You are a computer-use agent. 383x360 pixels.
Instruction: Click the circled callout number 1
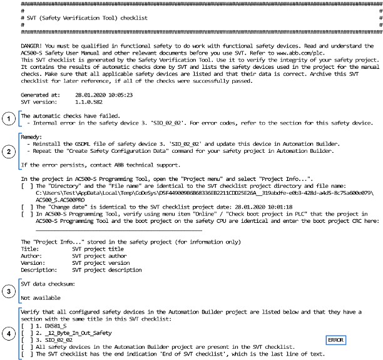(x=8, y=119)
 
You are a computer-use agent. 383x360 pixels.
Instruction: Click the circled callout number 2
(x=8, y=150)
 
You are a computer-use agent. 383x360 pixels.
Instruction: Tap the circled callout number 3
(x=8, y=292)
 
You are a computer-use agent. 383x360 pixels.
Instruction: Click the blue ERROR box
(x=335, y=340)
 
